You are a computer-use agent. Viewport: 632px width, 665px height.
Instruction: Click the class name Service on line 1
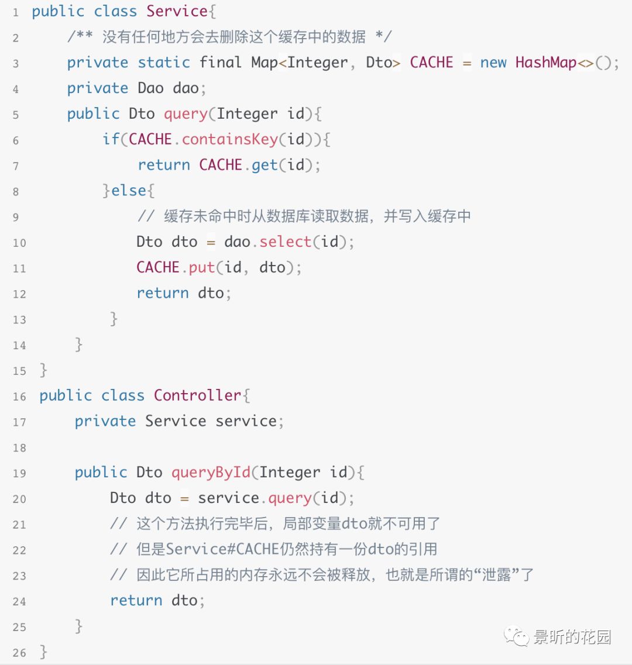click(x=177, y=11)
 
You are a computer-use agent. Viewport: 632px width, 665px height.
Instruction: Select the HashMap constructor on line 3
click(x=547, y=62)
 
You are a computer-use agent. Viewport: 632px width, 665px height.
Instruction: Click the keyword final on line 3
click(x=221, y=62)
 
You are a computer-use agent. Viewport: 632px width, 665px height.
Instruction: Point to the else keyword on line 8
click(x=129, y=190)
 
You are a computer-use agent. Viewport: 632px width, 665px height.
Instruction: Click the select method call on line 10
click(x=286, y=242)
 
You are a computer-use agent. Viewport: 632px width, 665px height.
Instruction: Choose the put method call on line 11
click(x=202, y=267)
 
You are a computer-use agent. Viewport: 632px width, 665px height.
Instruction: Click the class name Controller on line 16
click(x=197, y=395)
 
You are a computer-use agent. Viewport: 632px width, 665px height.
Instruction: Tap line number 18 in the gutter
click(x=19, y=448)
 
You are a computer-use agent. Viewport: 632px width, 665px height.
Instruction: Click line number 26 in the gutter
click(x=19, y=653)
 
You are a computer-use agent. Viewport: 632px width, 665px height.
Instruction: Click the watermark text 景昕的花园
click(x=572, y=637)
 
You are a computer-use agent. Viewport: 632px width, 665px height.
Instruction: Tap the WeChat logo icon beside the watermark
click(x=517, y=637)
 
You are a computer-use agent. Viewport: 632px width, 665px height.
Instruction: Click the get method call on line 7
click(x=265, y=165)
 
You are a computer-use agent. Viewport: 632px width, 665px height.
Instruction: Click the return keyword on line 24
click(x=136, y=601)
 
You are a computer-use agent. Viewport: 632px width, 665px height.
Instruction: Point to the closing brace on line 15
click(x=43, y=370)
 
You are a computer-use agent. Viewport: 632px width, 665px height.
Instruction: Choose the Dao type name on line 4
click(x=150, y=88)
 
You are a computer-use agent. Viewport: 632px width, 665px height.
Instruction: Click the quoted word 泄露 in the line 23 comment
click(x=497, y=575)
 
